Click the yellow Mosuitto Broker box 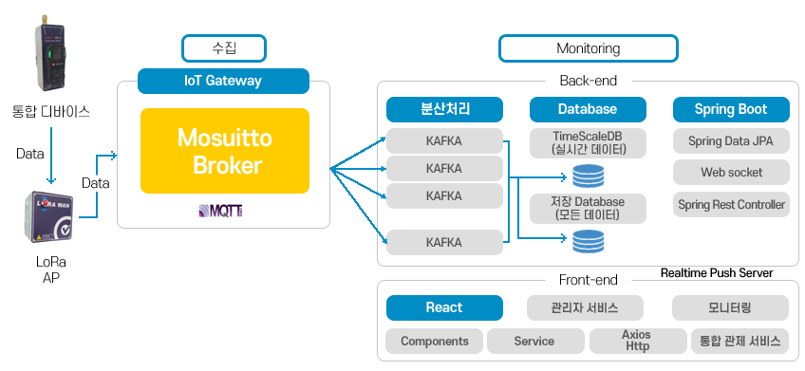(225, 151)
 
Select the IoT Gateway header (223, 81)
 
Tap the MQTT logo (221, 211)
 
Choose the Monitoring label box (589, 48)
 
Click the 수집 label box (224, 48)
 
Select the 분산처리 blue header (444, 109)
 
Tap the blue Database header (588, 109)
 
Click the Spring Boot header (731, 109)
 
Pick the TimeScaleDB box (588, 143)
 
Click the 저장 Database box (588, 209)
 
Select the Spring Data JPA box (731, 141)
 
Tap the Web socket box (731, 173)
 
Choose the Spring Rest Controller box (731, 205)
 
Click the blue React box (444, 307)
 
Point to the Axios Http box (638, 342)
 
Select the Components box (435, 342)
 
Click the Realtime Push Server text (717, 273)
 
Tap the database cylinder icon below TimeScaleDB (588, 176)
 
